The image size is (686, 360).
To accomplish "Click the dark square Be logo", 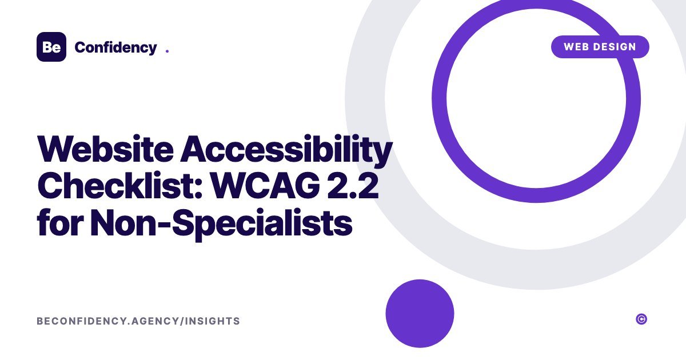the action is pyautogui.click(x=51, y=47).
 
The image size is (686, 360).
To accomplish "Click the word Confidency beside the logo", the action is pyautogui.click(x=115, y=48).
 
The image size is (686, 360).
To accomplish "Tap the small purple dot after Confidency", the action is pyautogui.click(x=167, y=51).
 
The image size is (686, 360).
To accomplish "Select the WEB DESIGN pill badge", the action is pyautogui.click(x=600, y=47).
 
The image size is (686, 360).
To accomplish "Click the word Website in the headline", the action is pyautogui.click(x=105, y=149).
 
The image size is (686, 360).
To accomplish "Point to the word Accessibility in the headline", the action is pyautogui.click(x=286, y=151).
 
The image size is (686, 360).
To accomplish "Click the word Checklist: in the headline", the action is pyautogui.click(x=120, y=185).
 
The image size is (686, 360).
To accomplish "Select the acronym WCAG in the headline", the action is pyautogui.click(x=265, y=186).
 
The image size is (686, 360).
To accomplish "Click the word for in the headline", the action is pyautogui.click(x=60, y=221).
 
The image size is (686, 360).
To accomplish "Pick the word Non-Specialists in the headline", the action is pyautogui.click(x=221, y=224).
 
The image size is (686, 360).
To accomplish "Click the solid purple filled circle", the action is pyautogui.click(x=420, y=314).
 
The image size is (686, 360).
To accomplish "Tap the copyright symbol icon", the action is pyautogui.click(x=641, y=319).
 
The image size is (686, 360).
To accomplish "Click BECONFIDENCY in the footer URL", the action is pyautogui.click(x=81, y=321).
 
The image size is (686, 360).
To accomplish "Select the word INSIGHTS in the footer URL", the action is pyautogui.click(x=213, y=321).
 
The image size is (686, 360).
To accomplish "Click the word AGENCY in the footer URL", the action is pyautogui.click(x=155, y=321).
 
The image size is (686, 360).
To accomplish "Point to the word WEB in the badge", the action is pyautogui.click(x=575, y=47).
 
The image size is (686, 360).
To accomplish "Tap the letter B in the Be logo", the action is pyautogui.click(x=47, y=47).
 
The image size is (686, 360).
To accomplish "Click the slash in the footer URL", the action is pyautogui.click(x=182, y=321).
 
